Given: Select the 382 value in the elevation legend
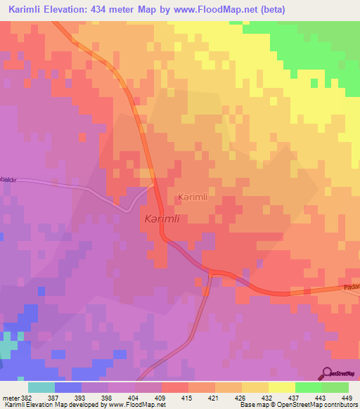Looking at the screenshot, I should (x=26, y=398).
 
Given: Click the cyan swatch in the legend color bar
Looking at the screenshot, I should (x=41, y=387).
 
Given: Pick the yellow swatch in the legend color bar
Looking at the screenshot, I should (x=281, y=387).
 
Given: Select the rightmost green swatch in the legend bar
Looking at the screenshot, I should (x=335, y=387).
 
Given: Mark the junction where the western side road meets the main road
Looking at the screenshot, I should (x=153, y=186).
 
